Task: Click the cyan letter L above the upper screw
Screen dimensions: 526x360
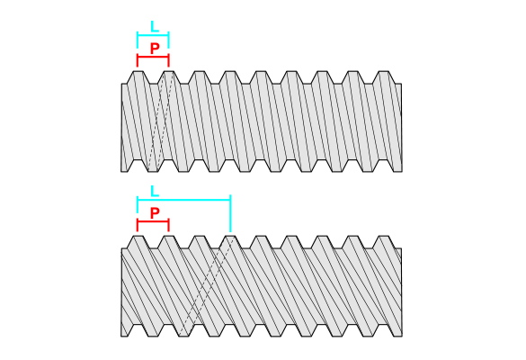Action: pos(155,26)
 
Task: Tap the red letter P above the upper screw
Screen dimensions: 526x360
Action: pos(155,49)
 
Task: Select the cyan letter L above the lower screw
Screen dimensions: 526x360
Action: pos(155,191)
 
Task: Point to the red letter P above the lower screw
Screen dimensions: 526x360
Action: pos(155,213)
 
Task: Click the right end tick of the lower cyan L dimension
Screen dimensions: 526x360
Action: pos(230,213)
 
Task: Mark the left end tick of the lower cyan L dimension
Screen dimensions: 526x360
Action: pos(138,204)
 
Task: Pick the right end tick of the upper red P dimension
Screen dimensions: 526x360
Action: pos(169,59)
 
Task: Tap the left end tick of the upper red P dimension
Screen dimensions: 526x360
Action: pos(138,59)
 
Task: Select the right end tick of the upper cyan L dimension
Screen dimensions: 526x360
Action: pos(169,40)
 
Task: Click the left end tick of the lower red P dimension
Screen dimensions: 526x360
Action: pos(138,225)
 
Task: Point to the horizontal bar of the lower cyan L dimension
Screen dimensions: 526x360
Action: pos(183,200)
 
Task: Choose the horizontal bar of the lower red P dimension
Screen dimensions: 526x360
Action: pos(153,221)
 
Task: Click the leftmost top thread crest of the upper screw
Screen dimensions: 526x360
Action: pos(138,71)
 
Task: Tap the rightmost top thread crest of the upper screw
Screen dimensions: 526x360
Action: pos(383,71)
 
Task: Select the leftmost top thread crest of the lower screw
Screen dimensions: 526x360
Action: pos(138,236)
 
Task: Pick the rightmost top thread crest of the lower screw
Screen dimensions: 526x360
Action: pos(383,236)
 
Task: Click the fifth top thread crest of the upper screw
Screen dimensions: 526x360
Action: pos(261,71)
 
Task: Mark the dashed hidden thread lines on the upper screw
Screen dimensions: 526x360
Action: pos(160,121)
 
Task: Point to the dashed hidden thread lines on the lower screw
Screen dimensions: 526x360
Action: pos(207,286)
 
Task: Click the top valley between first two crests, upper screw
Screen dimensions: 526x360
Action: pos(154,84)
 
